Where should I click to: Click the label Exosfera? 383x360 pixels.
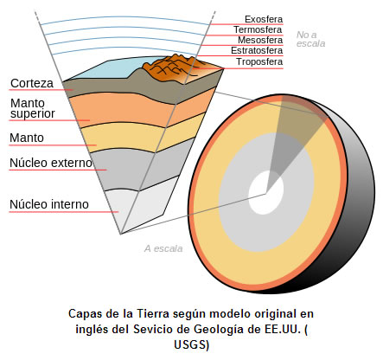click(x=263, y=18)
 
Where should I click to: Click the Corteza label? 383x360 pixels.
click(x=31, y=84)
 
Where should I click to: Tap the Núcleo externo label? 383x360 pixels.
click(x=48, y=162)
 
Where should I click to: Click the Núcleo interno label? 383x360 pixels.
click(x=48, y=204)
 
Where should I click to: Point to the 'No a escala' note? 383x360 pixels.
click(x=310, y=39)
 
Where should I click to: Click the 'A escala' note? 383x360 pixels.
click(x=163, y=248)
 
